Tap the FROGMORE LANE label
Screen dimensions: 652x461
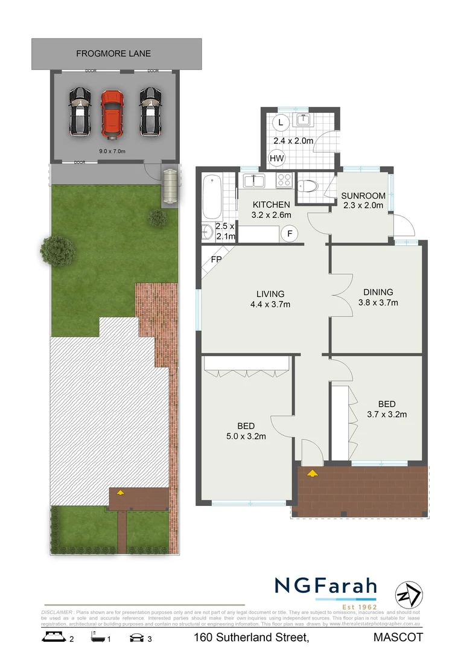pyautogui.click(x=113, y=54)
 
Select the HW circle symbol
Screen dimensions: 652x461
pyautogui.click(x=277, y=159)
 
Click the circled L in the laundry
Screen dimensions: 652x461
pyautogui.click(x=279, y=121)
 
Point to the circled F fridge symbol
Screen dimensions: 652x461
pyautogui.click(x=290, y=233)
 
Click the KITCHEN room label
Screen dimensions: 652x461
pyautogui.click(x=271, y=205)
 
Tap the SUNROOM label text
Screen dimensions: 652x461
pyautogui.click(x=363, y=196)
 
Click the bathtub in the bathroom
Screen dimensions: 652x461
pyautogui.click(x=212, y=197)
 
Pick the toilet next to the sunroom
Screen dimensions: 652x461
pyautogui.click(x=308, y=185)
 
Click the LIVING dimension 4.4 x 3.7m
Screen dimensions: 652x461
pyautogui.click(x=270, y=304)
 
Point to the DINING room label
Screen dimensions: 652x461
pyautogui.click(x=378, y=292)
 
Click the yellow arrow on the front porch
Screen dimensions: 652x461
pyautogui.click(x=312, y=473)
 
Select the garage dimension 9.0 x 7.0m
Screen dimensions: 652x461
pyautogui.click(x=112, y=151)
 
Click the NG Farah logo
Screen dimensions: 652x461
pyautogui.click(x=325, y=586)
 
